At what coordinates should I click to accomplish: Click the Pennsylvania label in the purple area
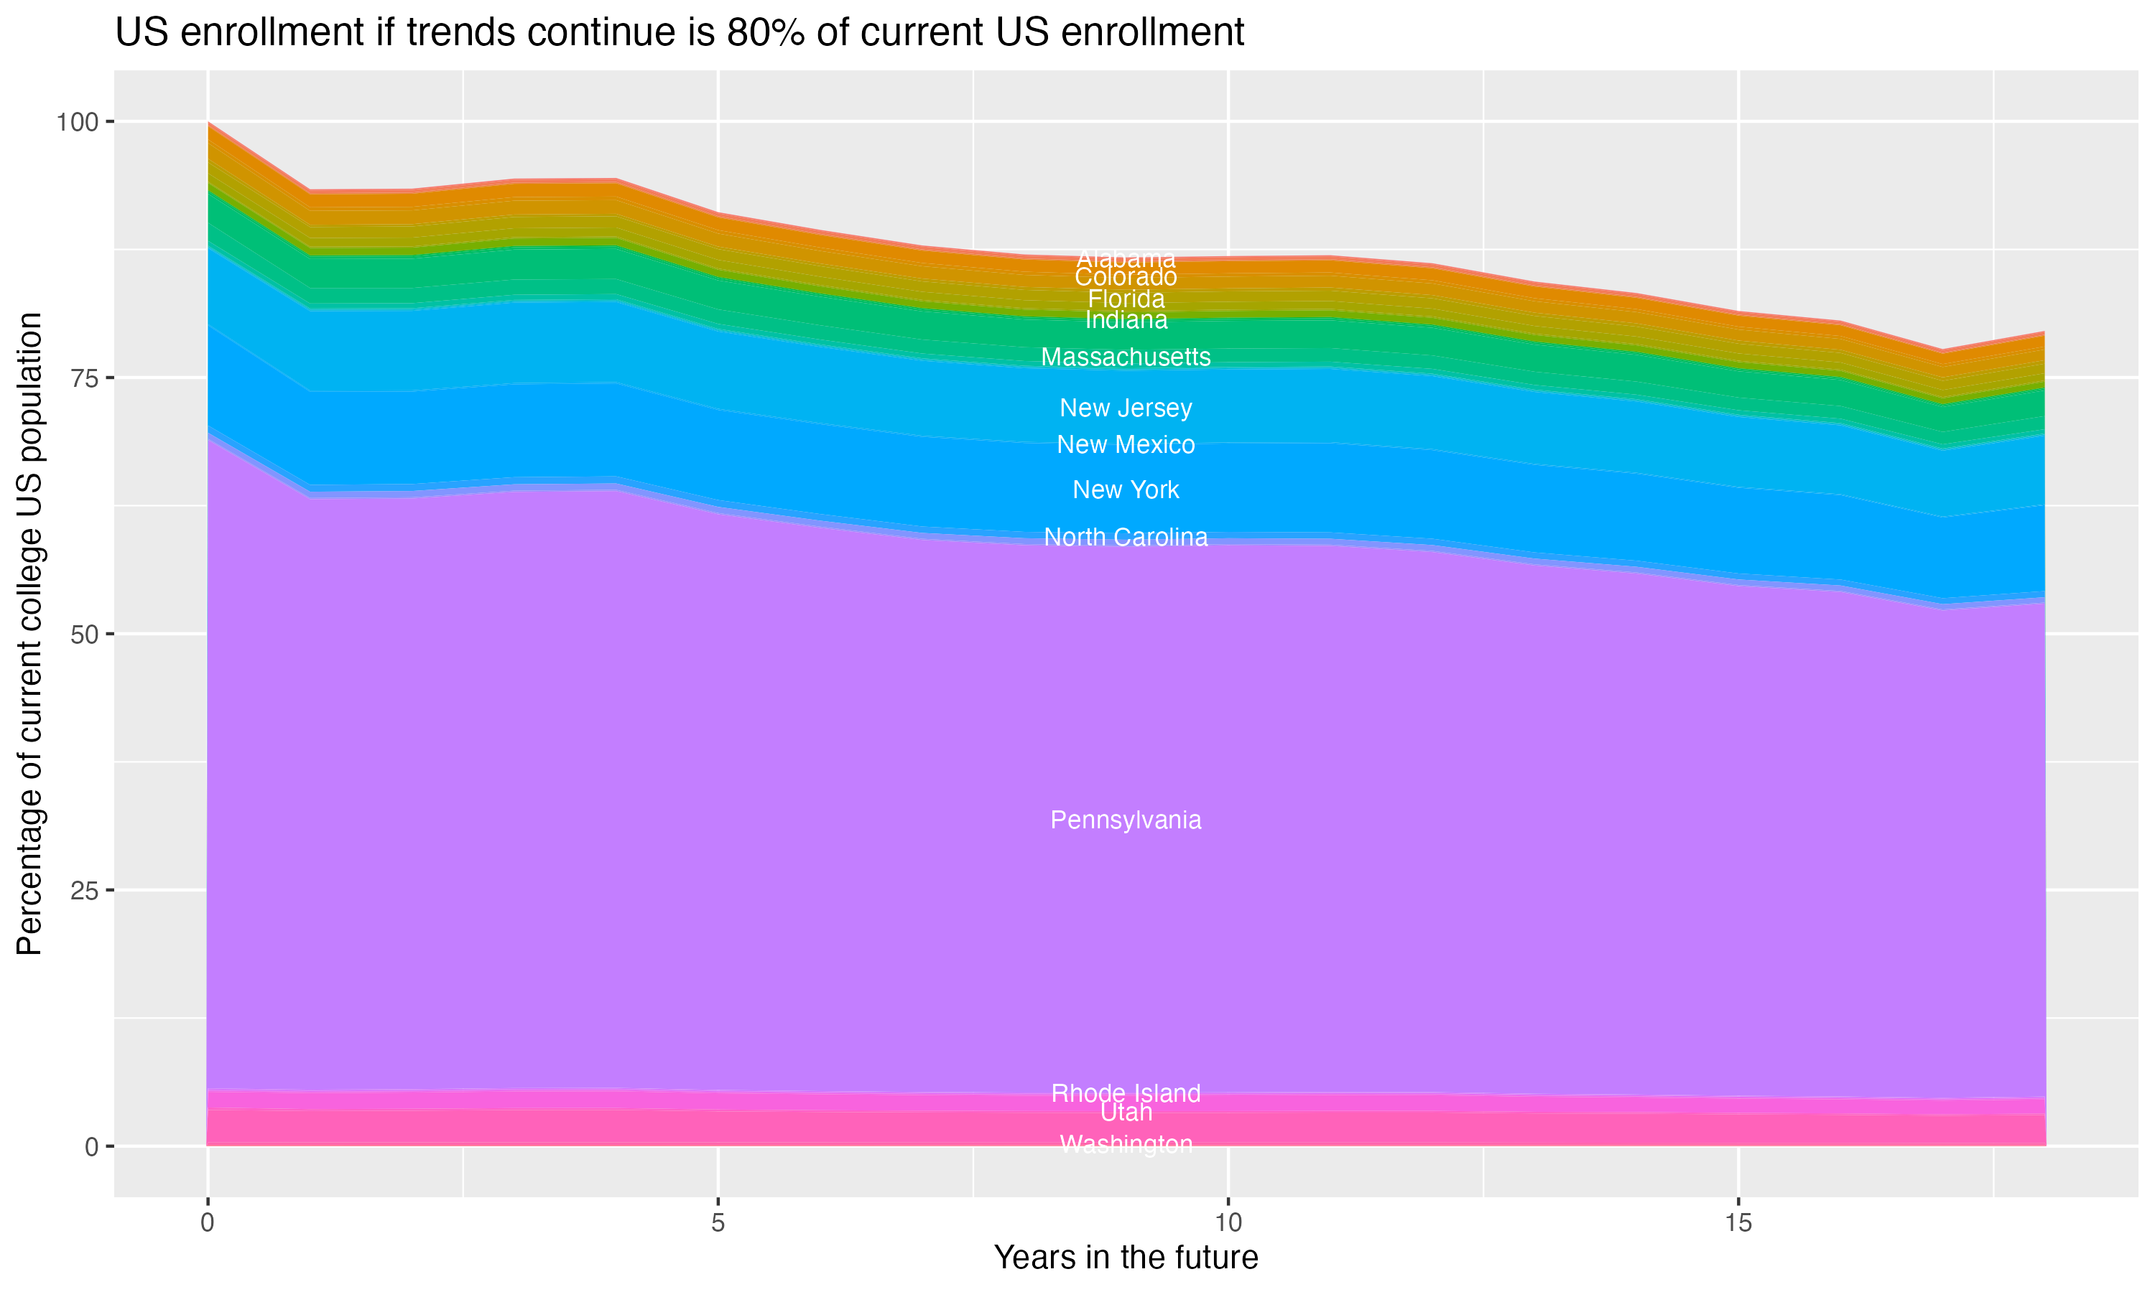tap(1126, 820)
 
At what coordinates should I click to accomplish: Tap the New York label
tap(1126, 490)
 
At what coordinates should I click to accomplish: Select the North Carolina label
tap(1126, 537)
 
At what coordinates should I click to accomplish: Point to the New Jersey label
tap(1126, 408)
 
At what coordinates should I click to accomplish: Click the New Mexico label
tap(1126, 445)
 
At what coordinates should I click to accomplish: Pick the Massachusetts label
tap(1126, 357)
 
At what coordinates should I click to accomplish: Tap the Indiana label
tap(1126, 320)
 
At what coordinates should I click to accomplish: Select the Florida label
tap(1126, 299)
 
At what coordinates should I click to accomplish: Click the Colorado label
tap(1126, 278)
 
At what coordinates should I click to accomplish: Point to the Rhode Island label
tap(1126, 1092)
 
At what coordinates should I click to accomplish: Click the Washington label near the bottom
tap(1126, 1144)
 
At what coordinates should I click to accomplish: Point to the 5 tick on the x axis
tap(718, 1223)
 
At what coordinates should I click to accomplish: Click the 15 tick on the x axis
tap(1738, 1223)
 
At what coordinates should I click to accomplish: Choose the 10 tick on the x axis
tap(1228, 1223)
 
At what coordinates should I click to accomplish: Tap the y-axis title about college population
tap(29, 633)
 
